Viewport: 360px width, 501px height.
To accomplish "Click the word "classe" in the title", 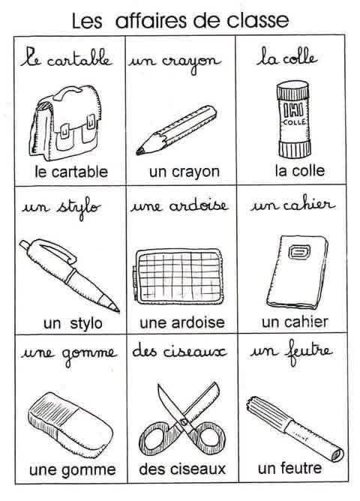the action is tap(258, 20).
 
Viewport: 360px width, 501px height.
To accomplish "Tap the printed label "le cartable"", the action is tap(71, 172).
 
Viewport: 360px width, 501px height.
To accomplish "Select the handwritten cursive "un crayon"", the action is tap(175, 62).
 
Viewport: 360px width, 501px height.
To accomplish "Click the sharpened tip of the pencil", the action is tap(139, 152).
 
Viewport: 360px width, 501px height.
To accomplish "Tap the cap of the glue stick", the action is tap(292, 91).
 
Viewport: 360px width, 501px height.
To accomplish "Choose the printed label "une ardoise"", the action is tap(182, 322).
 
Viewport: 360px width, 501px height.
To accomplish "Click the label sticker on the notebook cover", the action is tap(299, 251).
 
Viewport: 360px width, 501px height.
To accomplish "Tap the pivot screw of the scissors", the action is tap(184, 422).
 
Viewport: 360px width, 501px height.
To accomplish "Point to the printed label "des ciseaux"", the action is tap(182, 469).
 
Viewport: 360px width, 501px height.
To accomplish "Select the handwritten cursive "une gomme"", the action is tap(69, 354).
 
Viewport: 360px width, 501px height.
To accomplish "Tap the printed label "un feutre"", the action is tap(289, 469).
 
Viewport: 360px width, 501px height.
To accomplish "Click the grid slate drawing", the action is tap(178, 277).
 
